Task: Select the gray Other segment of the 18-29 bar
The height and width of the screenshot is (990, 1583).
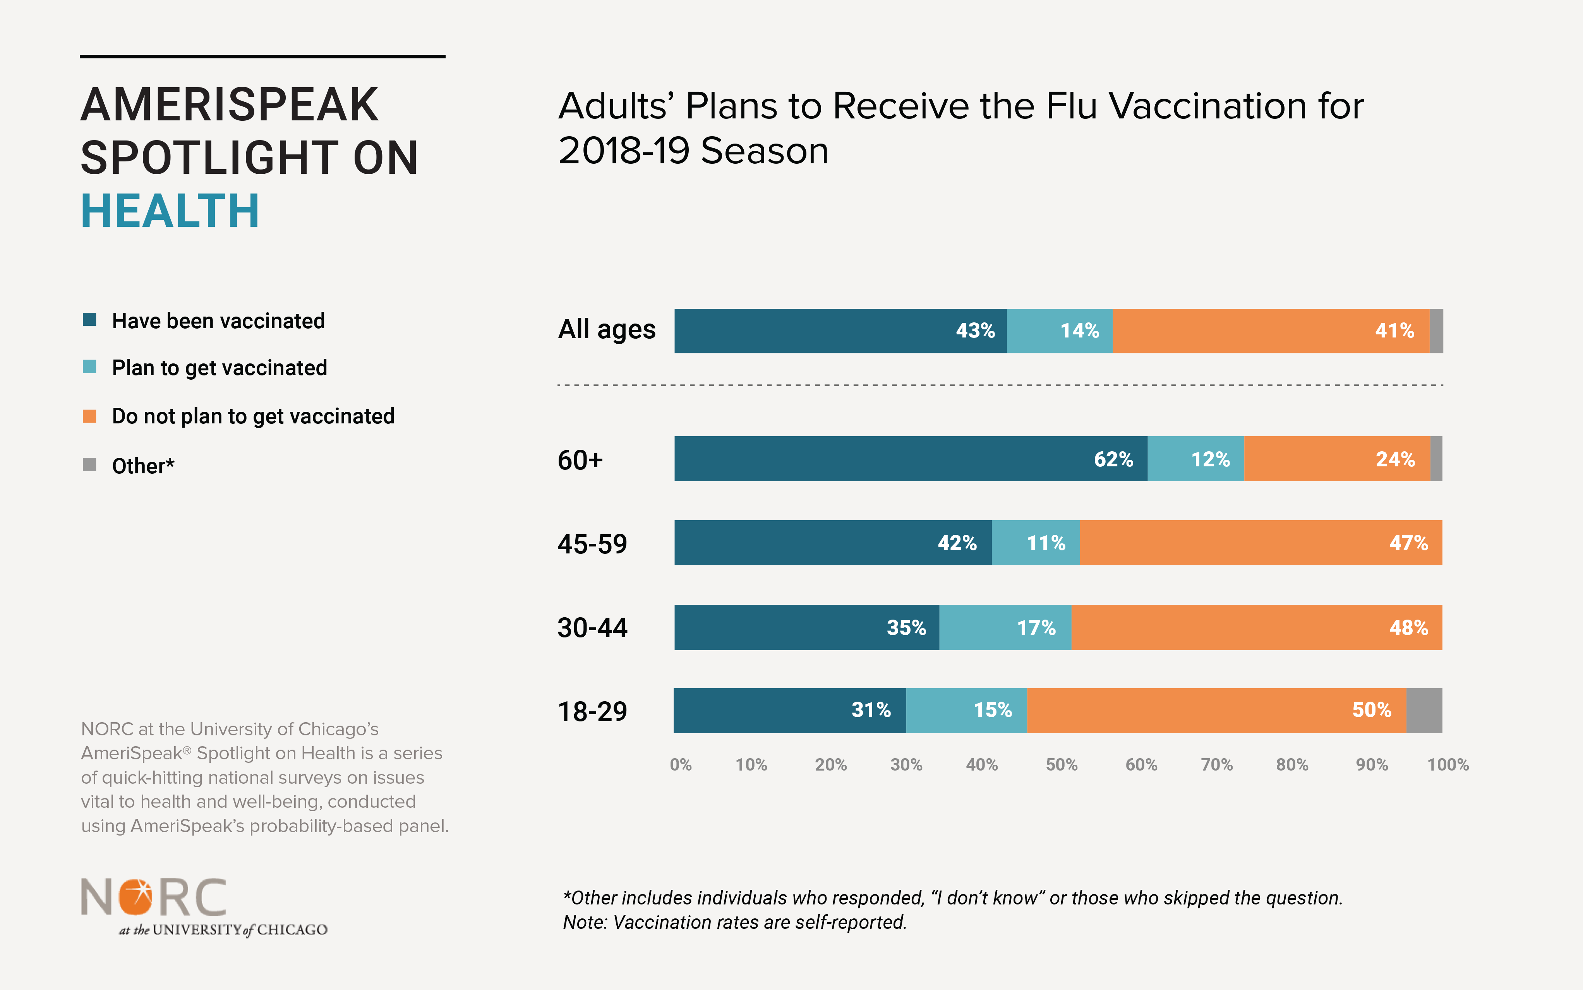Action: (1424, 711)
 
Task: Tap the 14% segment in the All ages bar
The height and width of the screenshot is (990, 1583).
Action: (1059, 331)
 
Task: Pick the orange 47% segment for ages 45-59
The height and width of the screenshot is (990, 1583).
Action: (1261, 543)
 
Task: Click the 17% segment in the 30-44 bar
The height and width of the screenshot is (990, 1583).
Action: (1005, 627)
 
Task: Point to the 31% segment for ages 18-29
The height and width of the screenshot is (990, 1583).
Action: (790, 711)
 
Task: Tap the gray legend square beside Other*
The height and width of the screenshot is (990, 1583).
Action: (90, 465)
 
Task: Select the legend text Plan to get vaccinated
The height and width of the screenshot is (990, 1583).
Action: (220, 368)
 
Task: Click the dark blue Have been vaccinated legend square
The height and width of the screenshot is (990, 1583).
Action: (90, 320)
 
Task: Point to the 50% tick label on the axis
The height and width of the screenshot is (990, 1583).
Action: (1061, 765)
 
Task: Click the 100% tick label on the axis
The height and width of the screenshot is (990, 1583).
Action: (1448, 765)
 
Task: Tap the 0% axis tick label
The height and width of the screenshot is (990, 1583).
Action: (681, 765)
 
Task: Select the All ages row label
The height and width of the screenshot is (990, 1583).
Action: (607, 329)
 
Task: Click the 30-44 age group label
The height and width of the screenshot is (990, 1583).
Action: (592, 628)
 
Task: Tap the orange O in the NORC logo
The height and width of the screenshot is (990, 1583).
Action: (135, 897)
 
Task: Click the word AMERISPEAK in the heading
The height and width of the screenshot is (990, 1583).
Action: (229, 105)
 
